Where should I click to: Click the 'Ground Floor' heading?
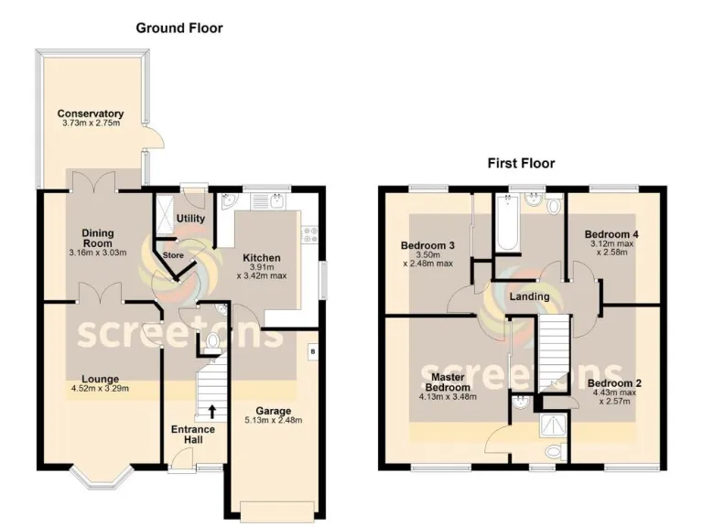click(x=179, y=28)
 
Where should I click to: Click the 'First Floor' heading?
click(x=520, y=164)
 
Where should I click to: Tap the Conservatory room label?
click(x=90, y=114)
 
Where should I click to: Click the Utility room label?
click(x=190, y=219)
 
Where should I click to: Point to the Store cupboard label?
click(x=173, y=254)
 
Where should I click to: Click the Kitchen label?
click(x=261, y=258)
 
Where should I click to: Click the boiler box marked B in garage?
click(x=313, y=350)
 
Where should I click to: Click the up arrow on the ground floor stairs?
click(x=212, y=411)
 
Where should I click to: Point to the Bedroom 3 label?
click(x=427, y=246)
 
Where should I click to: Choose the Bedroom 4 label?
click(x=611, y=234)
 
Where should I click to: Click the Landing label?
click(x=529, y=296)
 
